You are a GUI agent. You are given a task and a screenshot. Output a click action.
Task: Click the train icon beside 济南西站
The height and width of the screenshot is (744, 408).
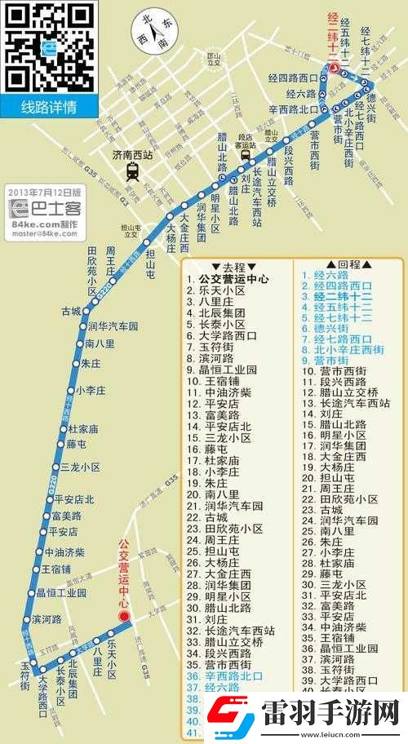[131, 170]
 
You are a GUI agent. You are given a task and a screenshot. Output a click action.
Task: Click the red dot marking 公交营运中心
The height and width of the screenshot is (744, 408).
[124, 616]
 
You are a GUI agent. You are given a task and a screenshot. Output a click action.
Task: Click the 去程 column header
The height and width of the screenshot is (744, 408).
[228, 266]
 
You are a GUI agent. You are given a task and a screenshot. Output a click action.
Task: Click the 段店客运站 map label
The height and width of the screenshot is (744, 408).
[246, 139]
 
